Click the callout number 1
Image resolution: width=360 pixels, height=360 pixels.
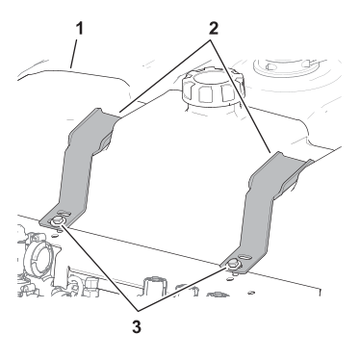79,29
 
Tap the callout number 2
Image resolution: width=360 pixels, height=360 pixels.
214,29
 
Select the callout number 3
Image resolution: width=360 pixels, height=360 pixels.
137,327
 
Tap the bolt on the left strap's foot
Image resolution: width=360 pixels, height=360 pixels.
57,221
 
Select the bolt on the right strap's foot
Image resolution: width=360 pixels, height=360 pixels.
233,264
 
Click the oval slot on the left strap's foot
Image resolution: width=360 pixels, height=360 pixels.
64,214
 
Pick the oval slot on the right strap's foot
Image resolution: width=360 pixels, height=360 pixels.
244,257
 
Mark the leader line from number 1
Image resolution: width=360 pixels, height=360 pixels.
73,53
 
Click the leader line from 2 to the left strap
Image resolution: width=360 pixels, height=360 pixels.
165,76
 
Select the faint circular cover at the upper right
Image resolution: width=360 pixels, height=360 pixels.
287,69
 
